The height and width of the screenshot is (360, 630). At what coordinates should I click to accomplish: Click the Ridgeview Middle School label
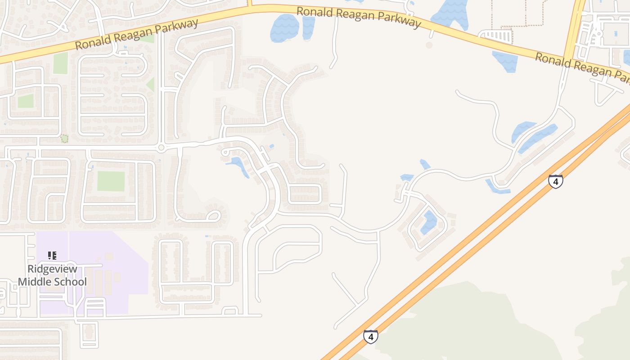click(52, 275)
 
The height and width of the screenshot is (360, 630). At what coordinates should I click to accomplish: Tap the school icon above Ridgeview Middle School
click(52, 256)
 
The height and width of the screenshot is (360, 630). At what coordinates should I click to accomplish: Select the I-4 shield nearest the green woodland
click(370, 336)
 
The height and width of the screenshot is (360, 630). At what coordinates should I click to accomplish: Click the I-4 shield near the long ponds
click(556, 181)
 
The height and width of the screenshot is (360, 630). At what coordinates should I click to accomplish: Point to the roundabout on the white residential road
click(161, 148)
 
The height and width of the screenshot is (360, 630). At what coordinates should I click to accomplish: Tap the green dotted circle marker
click(64, 139)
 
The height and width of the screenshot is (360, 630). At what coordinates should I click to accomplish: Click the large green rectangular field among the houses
click(111, 181)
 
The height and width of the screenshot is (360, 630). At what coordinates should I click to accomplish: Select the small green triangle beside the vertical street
click(151, 85)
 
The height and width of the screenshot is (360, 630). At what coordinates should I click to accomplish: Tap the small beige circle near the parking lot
click(429, 45)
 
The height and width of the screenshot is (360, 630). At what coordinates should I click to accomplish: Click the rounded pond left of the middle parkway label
click(284, 28)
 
